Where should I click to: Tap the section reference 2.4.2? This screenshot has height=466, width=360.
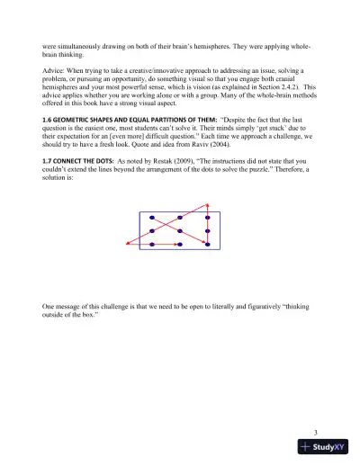[289, 89]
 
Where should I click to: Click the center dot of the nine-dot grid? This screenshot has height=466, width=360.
[180, 231]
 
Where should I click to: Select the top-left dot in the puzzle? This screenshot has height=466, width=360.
[152, 219]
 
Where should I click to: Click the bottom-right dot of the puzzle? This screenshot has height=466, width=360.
[207, 244]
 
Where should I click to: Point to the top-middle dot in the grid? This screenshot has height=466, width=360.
[180, 219]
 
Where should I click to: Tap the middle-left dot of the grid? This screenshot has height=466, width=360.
[152, 231]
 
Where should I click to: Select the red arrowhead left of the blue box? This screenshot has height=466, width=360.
[128, 244]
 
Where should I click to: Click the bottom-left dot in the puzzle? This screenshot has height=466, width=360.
[152, 244]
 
